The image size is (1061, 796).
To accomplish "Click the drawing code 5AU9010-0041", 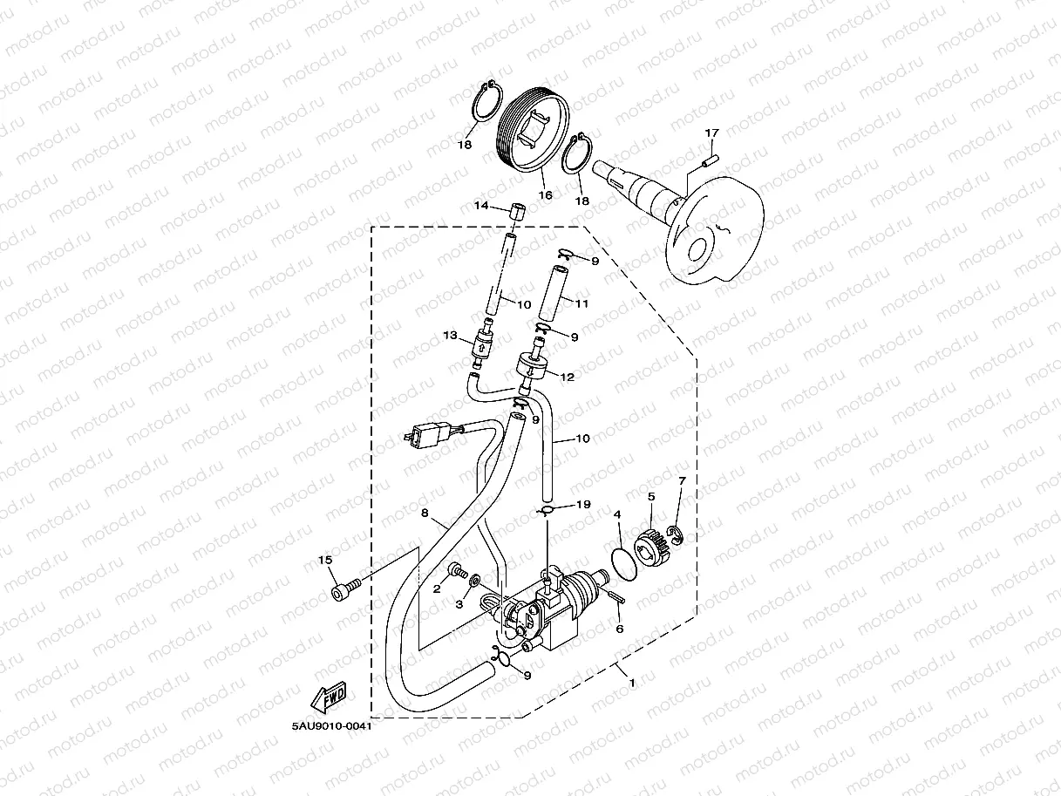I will click(326, 726).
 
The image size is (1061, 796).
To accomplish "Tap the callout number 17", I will click(711, 133).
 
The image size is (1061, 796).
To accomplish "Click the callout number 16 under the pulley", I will click(545, 195).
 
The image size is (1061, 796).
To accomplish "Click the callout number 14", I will click(480, 206).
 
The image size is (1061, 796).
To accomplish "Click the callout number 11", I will click(582, 303).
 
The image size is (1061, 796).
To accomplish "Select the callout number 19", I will click(583, 504).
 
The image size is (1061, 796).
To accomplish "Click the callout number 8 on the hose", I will click(425, 514).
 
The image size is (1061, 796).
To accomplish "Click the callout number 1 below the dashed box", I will click(631, 683).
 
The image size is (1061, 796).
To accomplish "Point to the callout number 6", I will click(619, 629).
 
